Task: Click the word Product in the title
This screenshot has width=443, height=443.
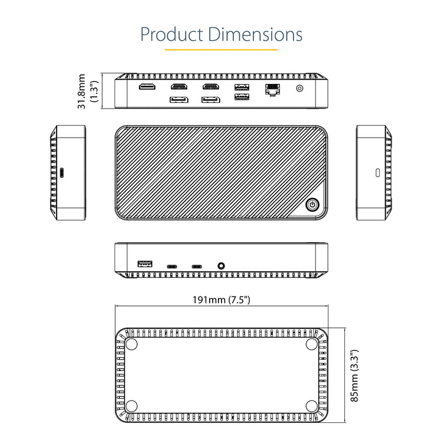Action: (172, 34)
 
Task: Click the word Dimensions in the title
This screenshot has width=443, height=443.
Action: (255, 34)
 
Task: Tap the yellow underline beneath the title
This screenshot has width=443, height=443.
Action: (221, 50)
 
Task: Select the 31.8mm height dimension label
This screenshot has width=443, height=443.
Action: (82, 91)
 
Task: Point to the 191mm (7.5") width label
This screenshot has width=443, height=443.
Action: (221, 299)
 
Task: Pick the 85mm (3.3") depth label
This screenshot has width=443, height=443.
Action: (354, 376)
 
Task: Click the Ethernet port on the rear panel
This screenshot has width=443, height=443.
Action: (273, 90)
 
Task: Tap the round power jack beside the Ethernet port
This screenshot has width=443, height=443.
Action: (299, 89)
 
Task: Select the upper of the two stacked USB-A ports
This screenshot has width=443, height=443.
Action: (242, 87)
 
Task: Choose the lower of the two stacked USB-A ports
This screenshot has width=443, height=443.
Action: (242, 97)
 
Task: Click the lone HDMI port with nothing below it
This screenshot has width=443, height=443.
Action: (147, 86)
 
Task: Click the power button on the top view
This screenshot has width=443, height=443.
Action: (312, 205)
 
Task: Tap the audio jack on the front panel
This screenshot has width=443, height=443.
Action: (221, 266)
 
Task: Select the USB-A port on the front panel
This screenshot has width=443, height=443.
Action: (145, 264)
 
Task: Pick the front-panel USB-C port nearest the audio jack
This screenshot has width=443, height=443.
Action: (197, 266)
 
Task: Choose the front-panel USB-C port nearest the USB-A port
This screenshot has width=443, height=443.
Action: (172, 266)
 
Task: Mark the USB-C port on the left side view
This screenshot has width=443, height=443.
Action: (62, 172)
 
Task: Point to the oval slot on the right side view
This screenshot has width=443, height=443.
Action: (378, 172)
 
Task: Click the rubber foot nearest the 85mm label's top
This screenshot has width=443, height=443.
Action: (312, 344)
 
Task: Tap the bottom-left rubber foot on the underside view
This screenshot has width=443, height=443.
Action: (131, 406)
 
